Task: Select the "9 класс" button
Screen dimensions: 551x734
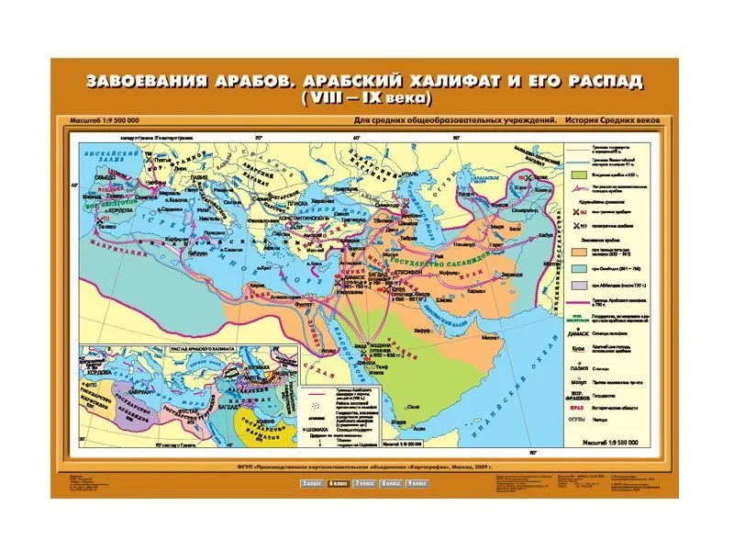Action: point(420,482)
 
